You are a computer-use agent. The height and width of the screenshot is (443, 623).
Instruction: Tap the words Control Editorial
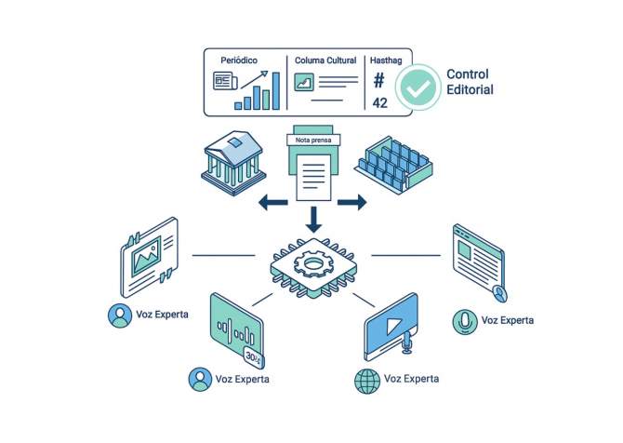click(470, 82)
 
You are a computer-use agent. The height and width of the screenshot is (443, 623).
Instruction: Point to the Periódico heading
click(238, 60)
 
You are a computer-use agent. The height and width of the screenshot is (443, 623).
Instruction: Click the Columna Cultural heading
click(326, 60)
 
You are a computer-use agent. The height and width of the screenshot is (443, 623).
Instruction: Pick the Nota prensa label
click(312, 140)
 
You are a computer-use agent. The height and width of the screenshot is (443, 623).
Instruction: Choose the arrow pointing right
click(351, 201)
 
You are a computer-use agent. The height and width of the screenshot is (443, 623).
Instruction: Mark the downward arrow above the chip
click(312, 221)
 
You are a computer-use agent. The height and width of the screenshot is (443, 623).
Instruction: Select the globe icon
click(366, 379)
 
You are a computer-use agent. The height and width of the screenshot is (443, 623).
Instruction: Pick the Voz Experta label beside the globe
click(412, 379)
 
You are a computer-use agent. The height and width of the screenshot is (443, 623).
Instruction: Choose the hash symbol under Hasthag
click(379, 80)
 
